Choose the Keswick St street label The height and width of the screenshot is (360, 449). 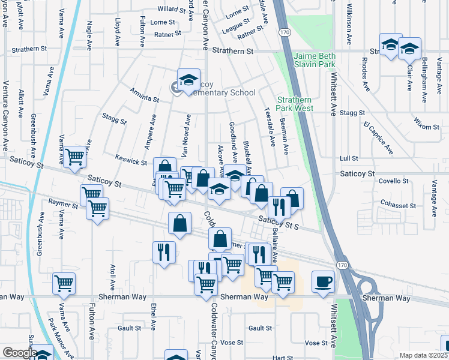pyautogui.click(x=131, y=162)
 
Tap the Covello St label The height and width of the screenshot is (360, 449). pyautogui.click(x=393, y=181)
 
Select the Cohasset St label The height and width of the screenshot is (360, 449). pyautogui.click(x=399, y=205)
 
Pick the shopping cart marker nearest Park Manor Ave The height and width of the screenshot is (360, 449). pyautogui.click(x=64, y=283)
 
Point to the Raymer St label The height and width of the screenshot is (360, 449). pyautogui.click(x=64, y=205)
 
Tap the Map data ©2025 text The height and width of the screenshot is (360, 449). pyautogui.click(x=423, y=355)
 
